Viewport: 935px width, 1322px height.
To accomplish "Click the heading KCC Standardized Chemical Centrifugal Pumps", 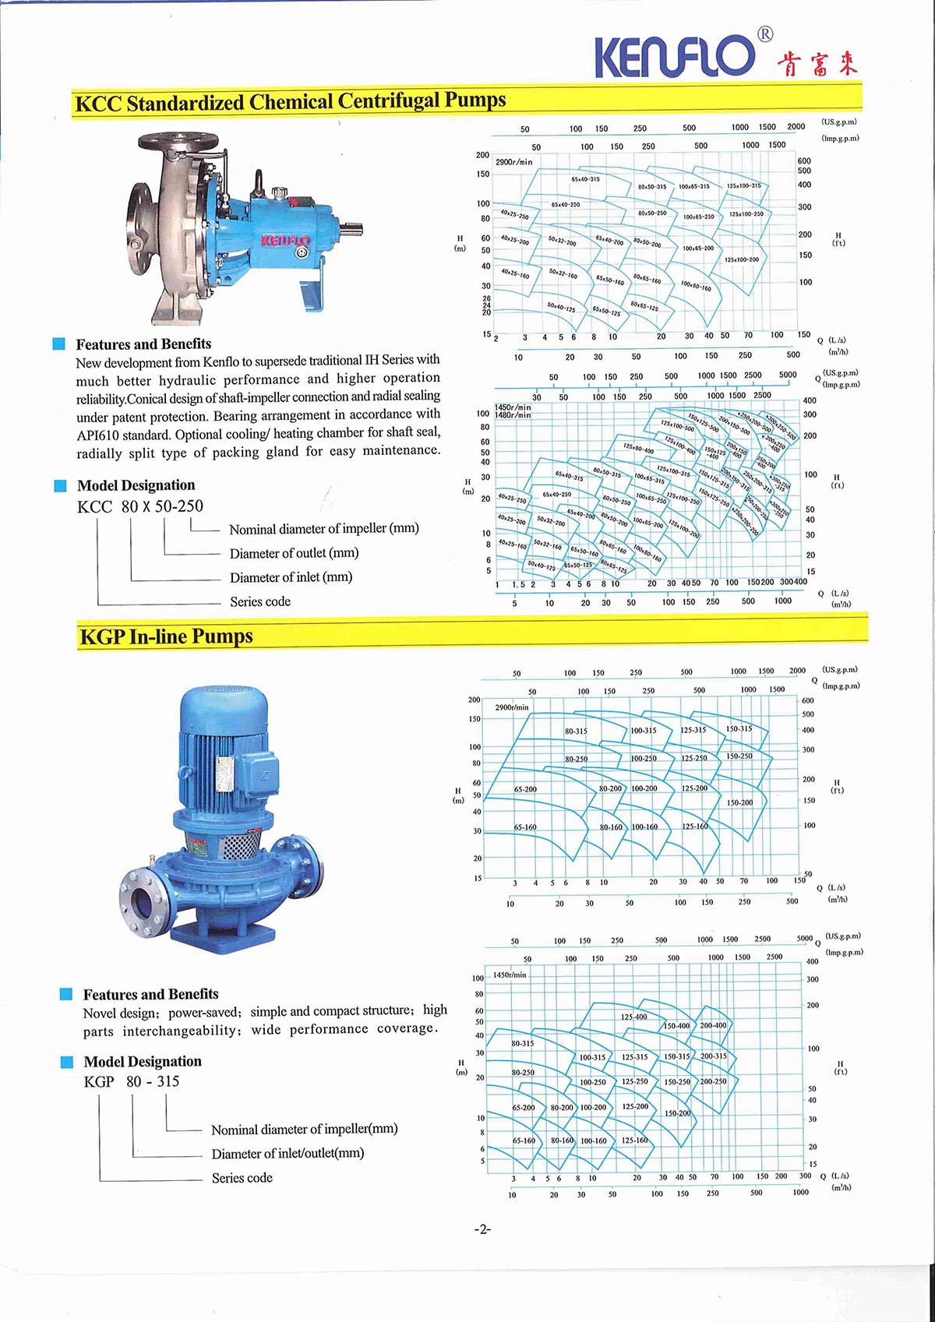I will pos(290,102).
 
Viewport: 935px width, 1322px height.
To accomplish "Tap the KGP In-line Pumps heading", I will pos(166,636).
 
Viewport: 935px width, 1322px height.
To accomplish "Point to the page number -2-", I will pos(482,1229).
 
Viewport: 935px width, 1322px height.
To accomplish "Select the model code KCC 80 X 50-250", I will pos(140,506).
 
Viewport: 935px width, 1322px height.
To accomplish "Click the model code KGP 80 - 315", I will pos(132,1081).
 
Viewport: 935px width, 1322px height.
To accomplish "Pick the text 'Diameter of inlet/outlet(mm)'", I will pos(288,1153).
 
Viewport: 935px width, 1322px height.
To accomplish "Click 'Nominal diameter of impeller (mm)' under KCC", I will pos(323,528).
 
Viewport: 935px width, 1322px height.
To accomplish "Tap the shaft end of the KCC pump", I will pos(355,228).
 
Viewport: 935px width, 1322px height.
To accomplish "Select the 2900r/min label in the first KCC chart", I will pos(514,162).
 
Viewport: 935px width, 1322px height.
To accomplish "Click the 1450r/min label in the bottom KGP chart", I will pos(510,975).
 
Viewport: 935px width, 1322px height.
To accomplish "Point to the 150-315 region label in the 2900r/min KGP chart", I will pos(739,729).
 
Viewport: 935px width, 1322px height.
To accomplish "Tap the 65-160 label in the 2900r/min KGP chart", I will pos(525,827).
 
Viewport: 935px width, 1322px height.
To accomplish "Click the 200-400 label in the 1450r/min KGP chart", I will pos(713,1025).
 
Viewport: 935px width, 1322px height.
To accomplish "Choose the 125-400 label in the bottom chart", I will pos(633,1017).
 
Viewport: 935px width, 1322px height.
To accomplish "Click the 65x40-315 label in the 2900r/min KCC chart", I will pos(585,179).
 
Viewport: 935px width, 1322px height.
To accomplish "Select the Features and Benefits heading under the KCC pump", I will pos(143,344).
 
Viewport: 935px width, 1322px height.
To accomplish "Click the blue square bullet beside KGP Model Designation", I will pos(67,1062).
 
